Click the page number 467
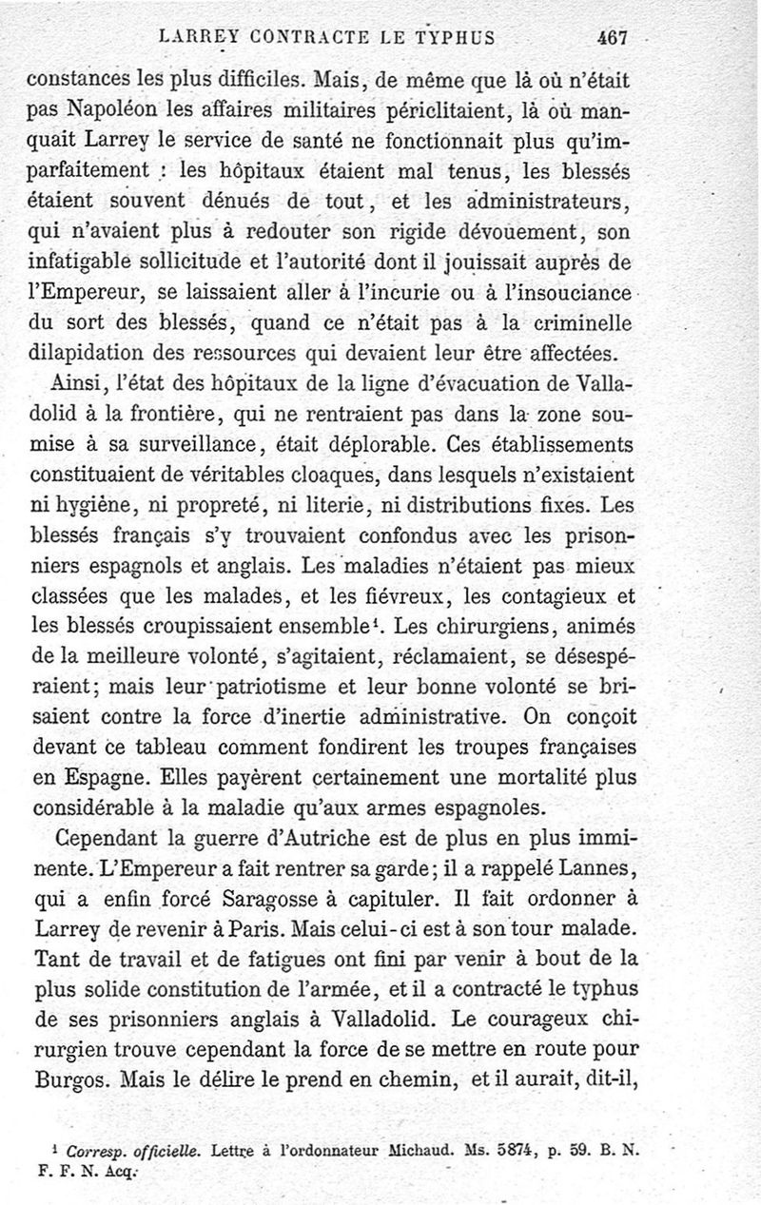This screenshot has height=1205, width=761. [612, 39]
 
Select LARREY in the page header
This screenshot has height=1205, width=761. [198, 39]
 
